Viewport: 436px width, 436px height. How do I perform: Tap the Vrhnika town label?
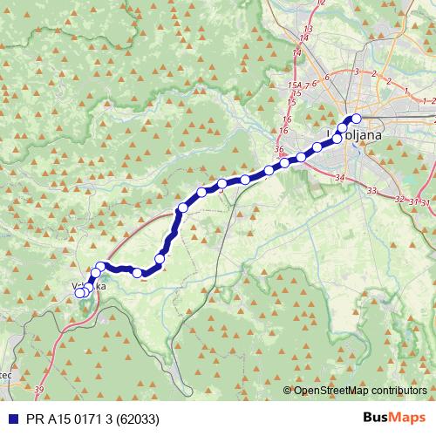pyautogui.click(x=91, y=286)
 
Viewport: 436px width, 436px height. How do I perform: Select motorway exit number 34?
pyautogui.click(x=340, y=178)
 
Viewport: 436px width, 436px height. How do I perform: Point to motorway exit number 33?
pyautogui.click(x=372, y=190)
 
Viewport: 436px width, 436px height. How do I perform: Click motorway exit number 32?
pyautogui.click(x=400, y=200)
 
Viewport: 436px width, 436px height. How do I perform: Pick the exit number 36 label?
pyautogui.click(x=279, y=150)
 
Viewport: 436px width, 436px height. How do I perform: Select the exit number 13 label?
pyautogui.click(x=305, y=38)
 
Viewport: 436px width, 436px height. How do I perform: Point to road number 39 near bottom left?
pyautogui.click(x=39, y=390)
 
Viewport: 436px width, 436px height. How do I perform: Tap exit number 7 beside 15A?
pyautogui.click(x=310, y=84)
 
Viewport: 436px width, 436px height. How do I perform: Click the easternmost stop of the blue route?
pyautogui.click(x=356, y=119)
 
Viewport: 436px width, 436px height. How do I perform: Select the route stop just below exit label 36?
pyautogui.click(x=285, y=162)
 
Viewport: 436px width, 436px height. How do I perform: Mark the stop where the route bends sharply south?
pyautogui.click(x=182, y=208)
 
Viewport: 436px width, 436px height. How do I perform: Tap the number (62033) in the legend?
pyautogui.click(x=140, y=419)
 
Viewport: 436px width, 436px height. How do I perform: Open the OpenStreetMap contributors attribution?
pyautogui.click(x=359, y=391)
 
